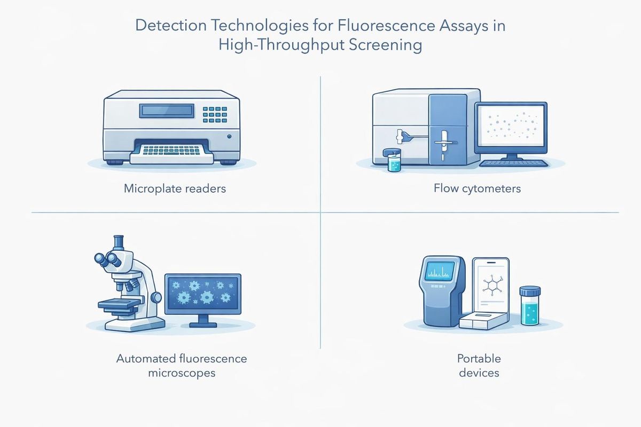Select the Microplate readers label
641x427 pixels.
tap(175, 188)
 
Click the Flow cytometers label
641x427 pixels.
tap(477, 188)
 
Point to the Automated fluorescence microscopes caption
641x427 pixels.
tap(182, 365)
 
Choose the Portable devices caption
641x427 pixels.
tap(479, 365)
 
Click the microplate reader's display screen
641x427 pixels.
tap(166, 110)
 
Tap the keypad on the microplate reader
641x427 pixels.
tap(215, 114)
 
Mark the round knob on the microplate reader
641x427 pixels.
tap(229, 136)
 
